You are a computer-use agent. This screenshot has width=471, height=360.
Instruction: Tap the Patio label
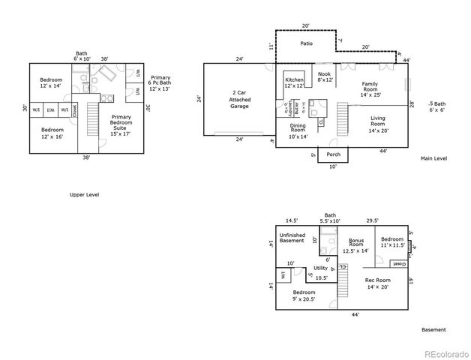(x=306, y=43)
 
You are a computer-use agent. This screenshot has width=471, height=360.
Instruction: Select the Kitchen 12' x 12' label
(x=294, y=82)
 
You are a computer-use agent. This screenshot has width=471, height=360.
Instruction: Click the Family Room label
(x=370, y=89)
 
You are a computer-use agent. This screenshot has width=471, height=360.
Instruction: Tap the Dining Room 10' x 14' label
(x=298, y=131)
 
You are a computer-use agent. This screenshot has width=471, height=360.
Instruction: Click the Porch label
(x=334, y=154)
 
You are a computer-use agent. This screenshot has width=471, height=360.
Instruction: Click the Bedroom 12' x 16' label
(x=51, y=133)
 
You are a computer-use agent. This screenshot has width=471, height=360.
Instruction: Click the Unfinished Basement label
(x=292, y=238)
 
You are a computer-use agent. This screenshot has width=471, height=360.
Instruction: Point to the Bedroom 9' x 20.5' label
(x=304, y=295)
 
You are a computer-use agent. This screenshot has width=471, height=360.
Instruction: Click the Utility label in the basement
(x=321, y=268)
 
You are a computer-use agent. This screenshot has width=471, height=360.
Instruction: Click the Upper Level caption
(x=84, y=194)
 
